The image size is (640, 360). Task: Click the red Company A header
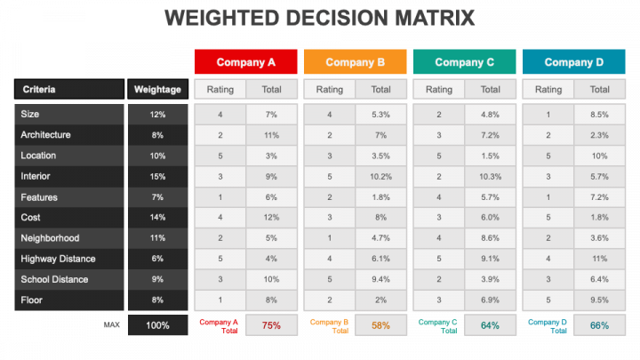pos(246,62)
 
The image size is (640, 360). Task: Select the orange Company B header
pos(356,62)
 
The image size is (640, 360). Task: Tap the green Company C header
pos(465,62)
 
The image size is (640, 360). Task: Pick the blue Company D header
pos(574,62)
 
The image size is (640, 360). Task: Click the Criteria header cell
pos(69,89)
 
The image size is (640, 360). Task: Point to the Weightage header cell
pos(157,89)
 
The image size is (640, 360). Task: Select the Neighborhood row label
pos(50,238)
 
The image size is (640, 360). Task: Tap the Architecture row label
pos(45,135)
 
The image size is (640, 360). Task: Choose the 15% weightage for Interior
pos(157,176)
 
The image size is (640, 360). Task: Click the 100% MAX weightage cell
pos(157,325)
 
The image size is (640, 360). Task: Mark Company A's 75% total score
pos(271,325)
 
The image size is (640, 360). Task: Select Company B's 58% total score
pos(380,325)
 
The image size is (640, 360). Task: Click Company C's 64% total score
pos(490,325)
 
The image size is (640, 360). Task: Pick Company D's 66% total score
pos(599,325)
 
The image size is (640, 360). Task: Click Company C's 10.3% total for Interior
pos(490,176)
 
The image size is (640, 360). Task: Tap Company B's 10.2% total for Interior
pos(380,176)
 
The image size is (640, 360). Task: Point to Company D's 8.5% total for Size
pos(599,115)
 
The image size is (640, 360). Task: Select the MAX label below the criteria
pos(111,325)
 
